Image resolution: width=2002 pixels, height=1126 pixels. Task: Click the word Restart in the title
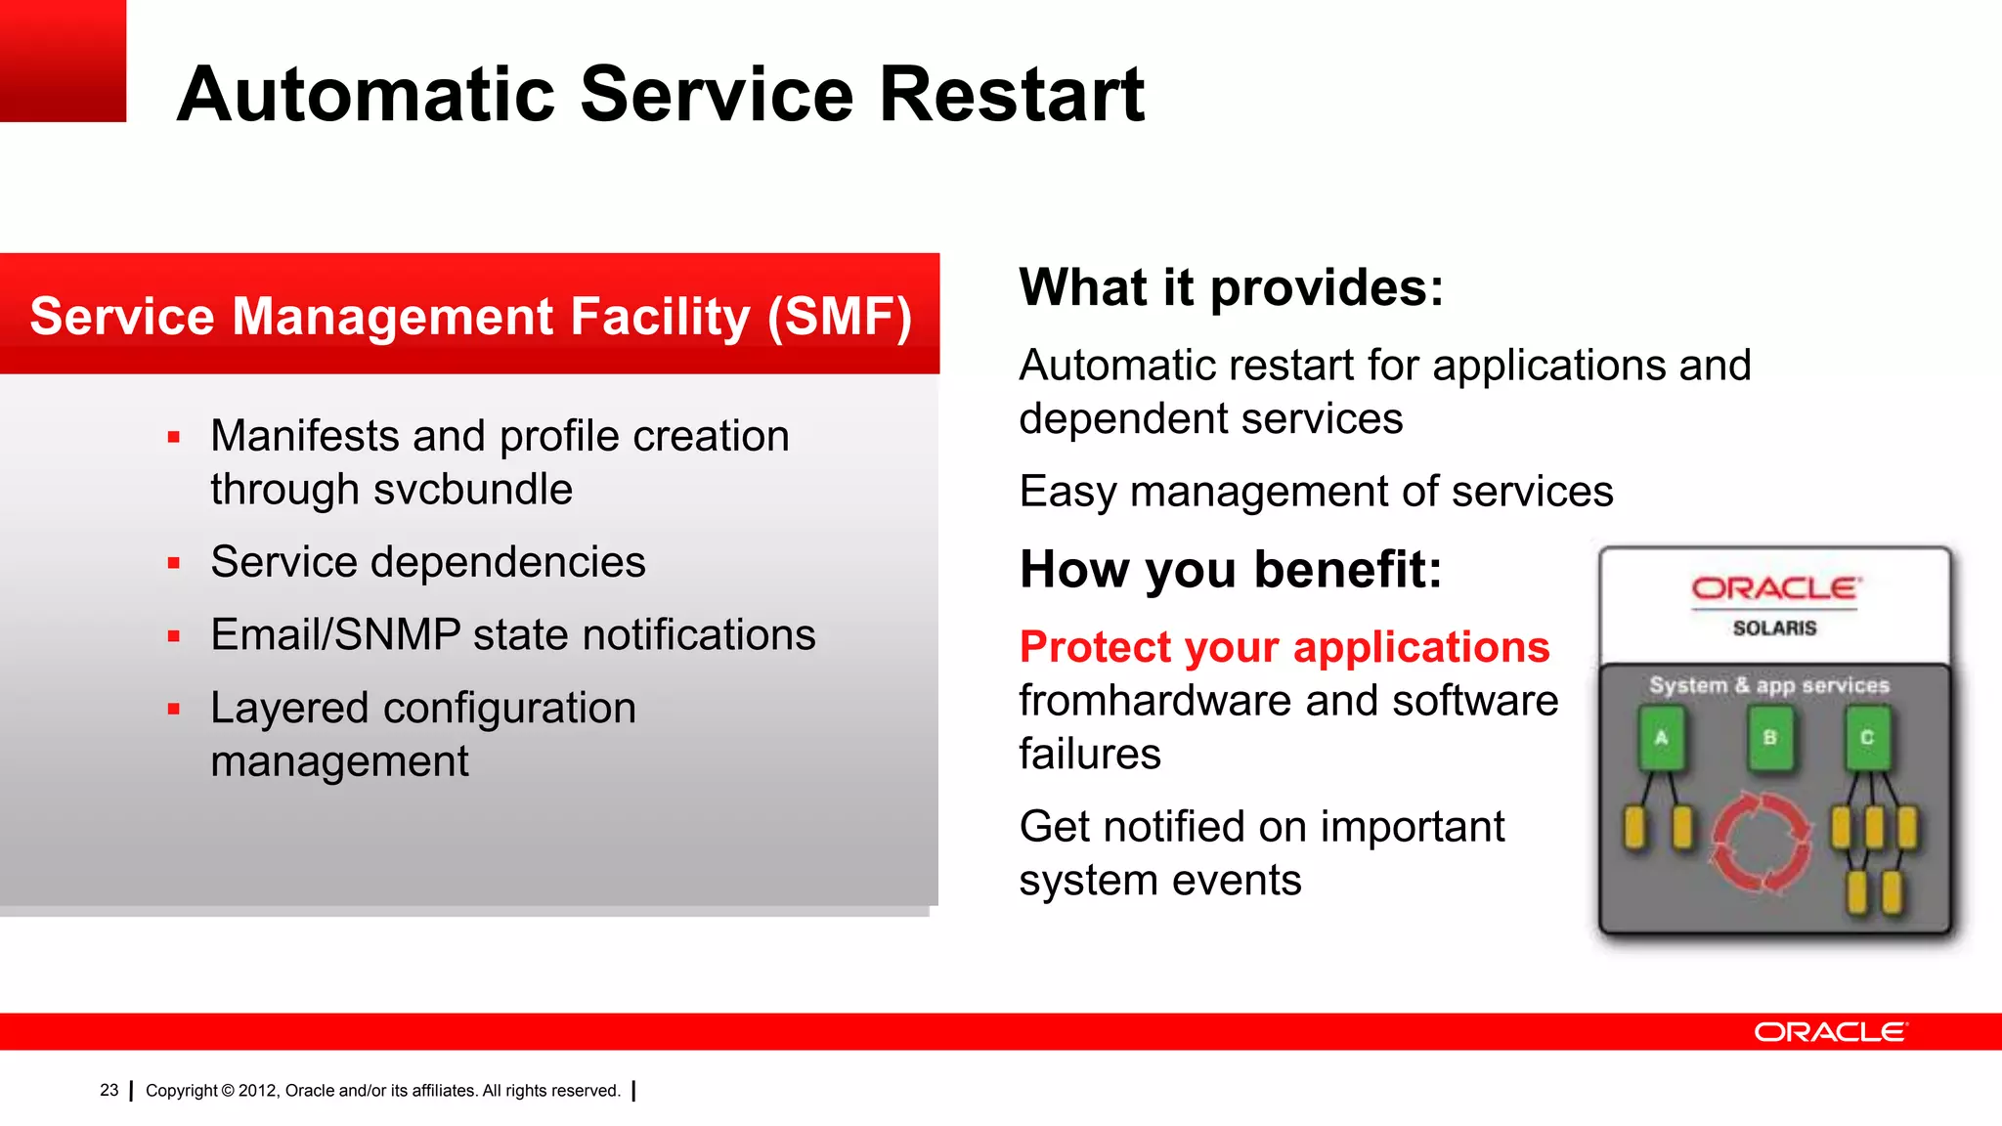tap(1012, 94)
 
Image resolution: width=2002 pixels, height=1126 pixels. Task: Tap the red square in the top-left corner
tap(63, 61)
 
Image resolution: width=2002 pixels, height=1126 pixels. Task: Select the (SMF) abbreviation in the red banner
tap(839, 317)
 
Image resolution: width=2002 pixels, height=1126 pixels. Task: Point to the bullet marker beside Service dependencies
tap(174, 563)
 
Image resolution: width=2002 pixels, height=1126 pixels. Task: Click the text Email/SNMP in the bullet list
tap(335, 635)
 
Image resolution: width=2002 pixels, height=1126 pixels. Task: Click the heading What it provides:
tap(1231, 287)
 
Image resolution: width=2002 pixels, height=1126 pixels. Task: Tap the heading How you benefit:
tap(1231, 570)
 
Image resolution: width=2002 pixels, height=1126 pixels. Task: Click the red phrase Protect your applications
tap(1284, 647)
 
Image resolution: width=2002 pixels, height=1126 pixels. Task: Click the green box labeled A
tap(1661, 739)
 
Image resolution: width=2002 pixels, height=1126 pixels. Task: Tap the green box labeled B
tap(1769, 739)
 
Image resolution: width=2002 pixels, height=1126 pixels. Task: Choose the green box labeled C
tap(1866, 739)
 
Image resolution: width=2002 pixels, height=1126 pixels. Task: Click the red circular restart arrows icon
tap(1761, 843)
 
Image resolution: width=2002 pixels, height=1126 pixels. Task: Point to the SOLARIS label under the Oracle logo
tap(1774, 628)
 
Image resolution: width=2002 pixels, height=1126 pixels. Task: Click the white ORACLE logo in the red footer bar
tap(1829, 1032)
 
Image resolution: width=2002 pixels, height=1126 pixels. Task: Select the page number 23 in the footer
tap(109, 1090)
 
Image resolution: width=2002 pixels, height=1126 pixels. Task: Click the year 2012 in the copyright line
tap(257, 1091)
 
